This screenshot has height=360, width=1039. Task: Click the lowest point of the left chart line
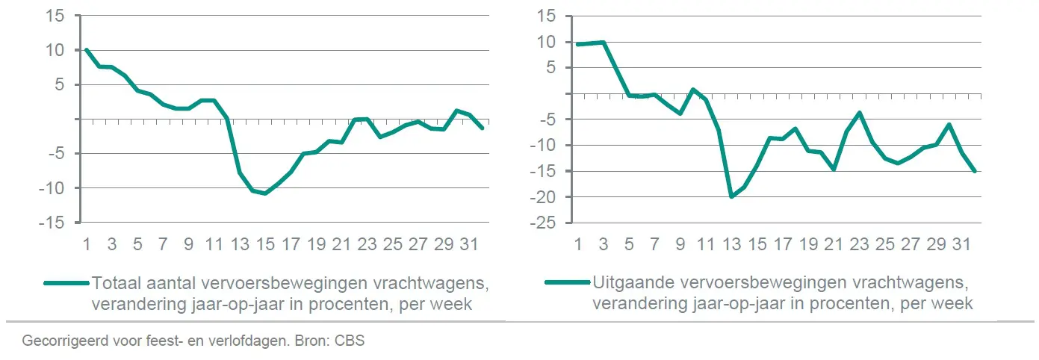pyautogui.click(x=265, y=193)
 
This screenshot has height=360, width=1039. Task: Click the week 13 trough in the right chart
pyautogui.click(x=731, y=196)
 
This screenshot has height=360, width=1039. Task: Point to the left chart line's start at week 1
pyautogui.click(x=87, y=50)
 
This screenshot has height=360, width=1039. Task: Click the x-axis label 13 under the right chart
pyautogui.click(x=731, y=244)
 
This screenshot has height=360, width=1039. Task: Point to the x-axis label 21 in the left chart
pyautogui.click(x=342, y=244)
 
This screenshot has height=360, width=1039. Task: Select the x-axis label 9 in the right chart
pyautogui.click(x=680, y=244)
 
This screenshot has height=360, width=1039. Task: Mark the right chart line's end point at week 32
pyautogui.click(x=975, y=172)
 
